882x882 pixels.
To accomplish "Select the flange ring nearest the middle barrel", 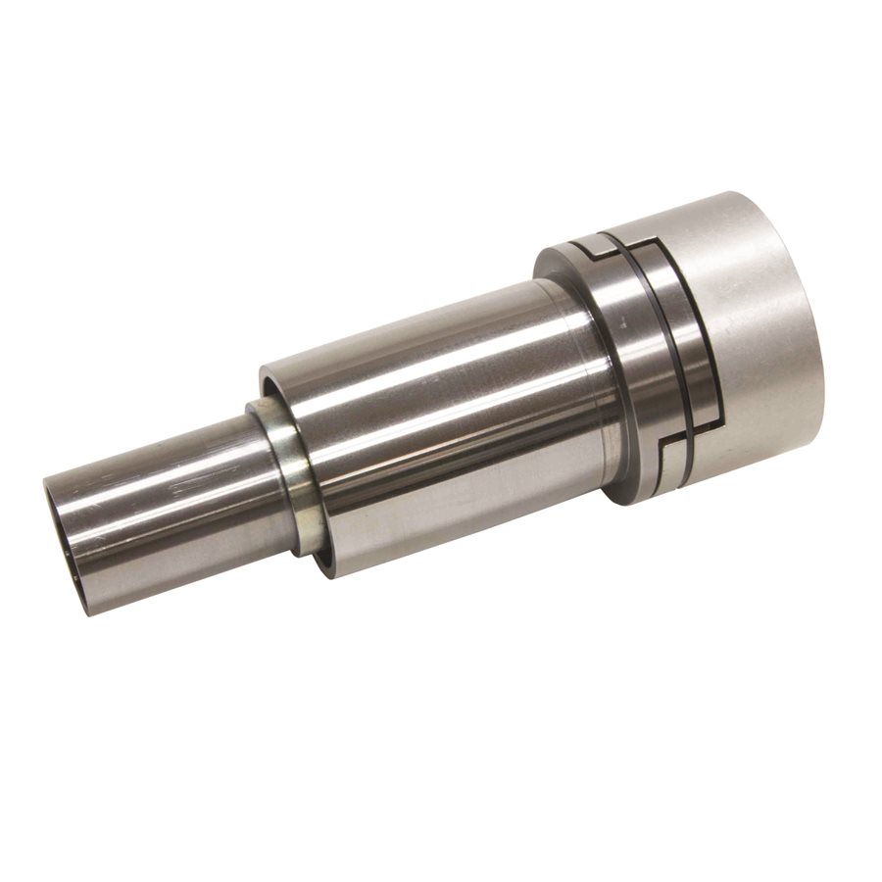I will click(x=627, y=372).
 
